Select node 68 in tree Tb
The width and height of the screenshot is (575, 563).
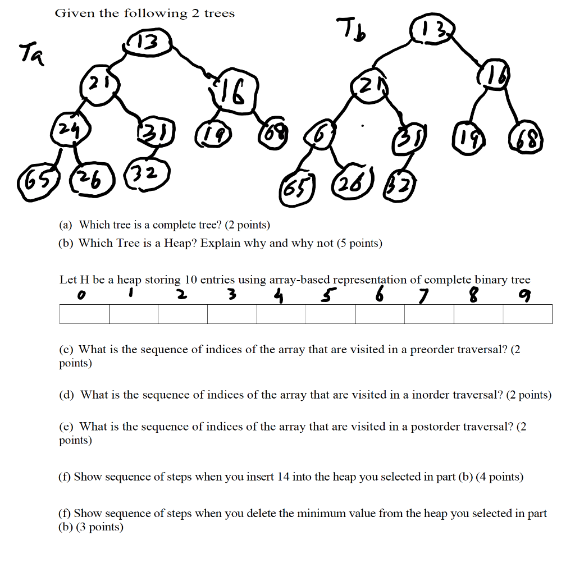(526, 135)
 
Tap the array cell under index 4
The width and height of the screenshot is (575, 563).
(281, 314)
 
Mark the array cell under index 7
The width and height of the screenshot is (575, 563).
(429, 314)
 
